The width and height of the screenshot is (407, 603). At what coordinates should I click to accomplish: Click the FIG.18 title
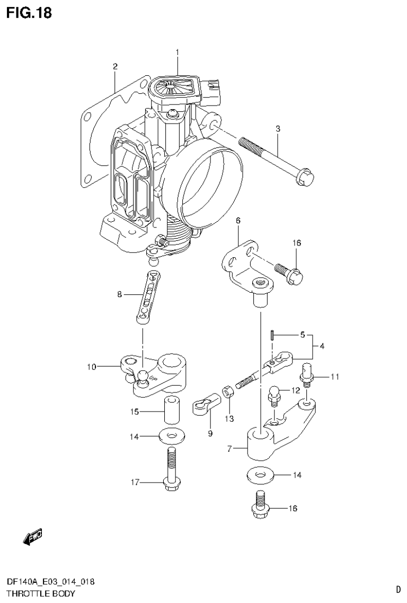pyautogui.click(x=29, y=13)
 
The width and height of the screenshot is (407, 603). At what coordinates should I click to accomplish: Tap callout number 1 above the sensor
pyautogui.click(x=178, y=52)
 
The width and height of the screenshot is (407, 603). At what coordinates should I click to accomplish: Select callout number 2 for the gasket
pyautogui.click(x=114, y=66)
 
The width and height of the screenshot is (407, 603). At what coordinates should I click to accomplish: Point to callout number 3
pyautogui.click(x=277, y=128)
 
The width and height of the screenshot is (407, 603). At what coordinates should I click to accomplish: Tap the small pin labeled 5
pyautogui.click(x=271, y=335)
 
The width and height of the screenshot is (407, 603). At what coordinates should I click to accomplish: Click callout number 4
pyautogui.click(x=322, y=346)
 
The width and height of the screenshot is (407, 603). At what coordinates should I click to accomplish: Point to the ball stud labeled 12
pyautogui.click(x=275, y=396)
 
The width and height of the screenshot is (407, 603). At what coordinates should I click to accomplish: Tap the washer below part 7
pyautogui.click(x=261, y=475)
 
